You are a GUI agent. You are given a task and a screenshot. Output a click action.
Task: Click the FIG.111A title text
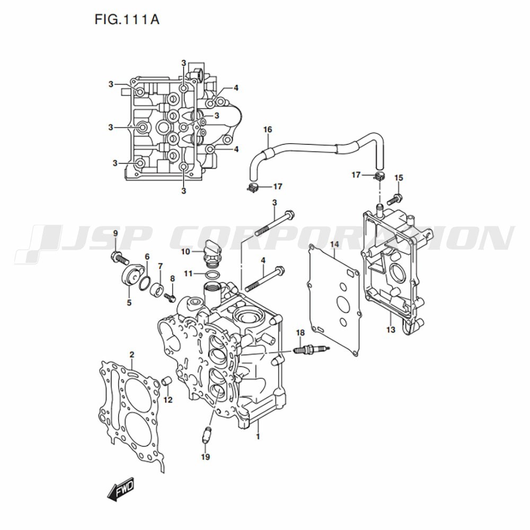(x=127, y=20)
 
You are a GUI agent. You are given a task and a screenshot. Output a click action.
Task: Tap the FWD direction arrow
(x=121, y=489)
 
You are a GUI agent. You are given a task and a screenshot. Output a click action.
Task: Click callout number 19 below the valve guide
(x=206, y=457)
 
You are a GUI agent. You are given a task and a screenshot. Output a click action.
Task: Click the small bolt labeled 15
(x=394, y=199)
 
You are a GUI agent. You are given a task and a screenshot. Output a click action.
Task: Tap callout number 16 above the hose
(x=268, y=129)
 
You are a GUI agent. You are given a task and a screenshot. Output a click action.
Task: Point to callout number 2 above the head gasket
(x=132, y=355)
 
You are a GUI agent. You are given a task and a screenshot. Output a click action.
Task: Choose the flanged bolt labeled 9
(x=119, y=258)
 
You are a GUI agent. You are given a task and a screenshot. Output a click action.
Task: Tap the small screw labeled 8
(x=170, y=297)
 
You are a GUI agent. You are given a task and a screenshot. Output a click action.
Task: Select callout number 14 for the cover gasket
(x=334, y=244)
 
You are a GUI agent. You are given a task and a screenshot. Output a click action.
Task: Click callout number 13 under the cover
(x=391, y=330)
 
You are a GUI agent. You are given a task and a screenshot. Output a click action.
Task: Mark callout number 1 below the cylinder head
(x=258, y=436)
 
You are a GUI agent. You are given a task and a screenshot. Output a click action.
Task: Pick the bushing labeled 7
(x=157, y=290)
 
